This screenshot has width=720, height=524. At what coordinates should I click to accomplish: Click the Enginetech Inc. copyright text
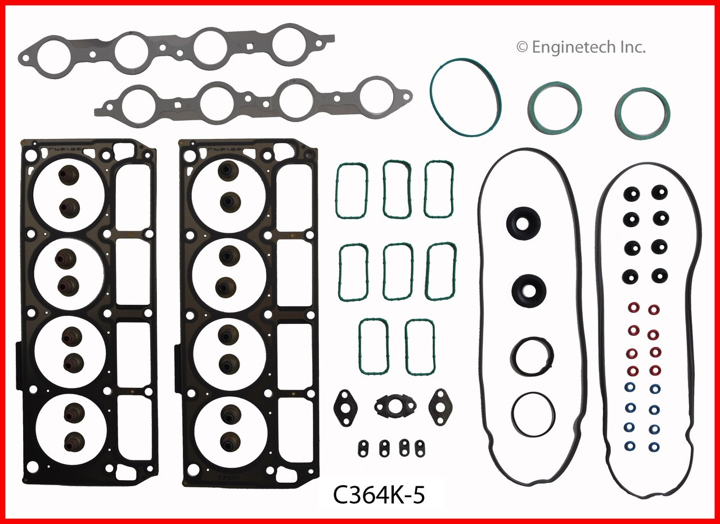[580, 47]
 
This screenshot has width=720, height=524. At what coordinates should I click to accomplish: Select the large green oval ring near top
[466, 97]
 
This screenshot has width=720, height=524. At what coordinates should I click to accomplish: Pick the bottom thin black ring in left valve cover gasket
[533, 414]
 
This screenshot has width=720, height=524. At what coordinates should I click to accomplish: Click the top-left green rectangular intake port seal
[352, 192]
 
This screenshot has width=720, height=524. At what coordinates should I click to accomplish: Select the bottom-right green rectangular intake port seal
[420, 347]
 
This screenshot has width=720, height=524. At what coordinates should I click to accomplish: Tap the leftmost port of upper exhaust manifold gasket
[52, 53]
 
